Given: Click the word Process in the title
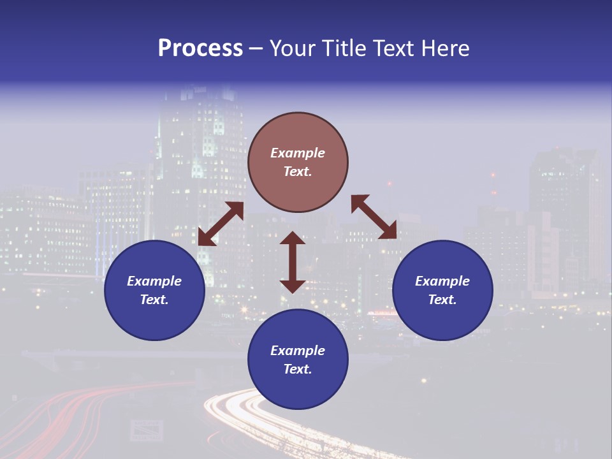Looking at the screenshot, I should click(200, 48).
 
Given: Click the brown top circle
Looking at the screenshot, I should click(298, 162).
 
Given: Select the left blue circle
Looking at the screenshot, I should click(154, 290).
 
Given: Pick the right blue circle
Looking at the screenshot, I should click(442, 290).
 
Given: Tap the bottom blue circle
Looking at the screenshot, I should click(298, 360).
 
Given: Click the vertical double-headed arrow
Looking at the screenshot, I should click(293, 262).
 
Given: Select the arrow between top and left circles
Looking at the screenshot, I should click(221, 224).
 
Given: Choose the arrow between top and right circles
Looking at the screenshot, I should click(374, 217).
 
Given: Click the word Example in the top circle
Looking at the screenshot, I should click(298, 153).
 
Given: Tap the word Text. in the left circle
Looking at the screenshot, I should click(154, 300).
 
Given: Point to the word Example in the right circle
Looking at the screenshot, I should click(442, 281).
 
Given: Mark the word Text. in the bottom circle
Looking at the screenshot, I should click(298, 369).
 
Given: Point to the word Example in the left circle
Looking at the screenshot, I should click(154, 281).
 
